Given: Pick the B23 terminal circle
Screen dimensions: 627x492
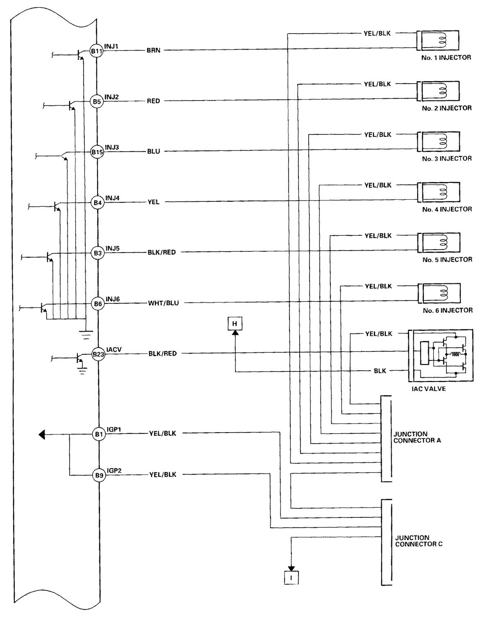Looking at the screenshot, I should point(98,354).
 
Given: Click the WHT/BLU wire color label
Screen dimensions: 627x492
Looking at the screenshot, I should point(163,303).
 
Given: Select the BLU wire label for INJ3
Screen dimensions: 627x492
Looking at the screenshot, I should point(154,151).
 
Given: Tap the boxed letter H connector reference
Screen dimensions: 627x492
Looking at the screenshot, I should point(235,324).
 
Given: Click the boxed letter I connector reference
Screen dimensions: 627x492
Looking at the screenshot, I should point(292,578).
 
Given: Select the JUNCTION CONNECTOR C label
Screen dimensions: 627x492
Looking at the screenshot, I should point(419,541).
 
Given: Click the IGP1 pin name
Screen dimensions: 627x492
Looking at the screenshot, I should point(114,429).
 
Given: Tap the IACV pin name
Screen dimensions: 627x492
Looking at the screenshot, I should point(114,349).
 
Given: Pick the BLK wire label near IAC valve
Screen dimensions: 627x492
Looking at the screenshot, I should point(380,371).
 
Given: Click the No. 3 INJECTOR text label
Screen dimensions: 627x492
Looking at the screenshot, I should point(447,158).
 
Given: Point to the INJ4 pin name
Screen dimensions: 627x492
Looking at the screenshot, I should point(112,198).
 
